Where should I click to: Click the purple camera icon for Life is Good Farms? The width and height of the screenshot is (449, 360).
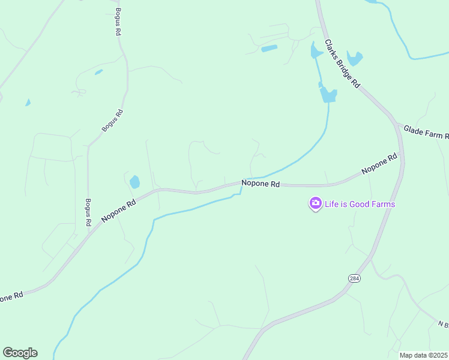coord(315,204)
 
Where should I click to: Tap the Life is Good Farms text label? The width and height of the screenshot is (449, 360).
coord(360,204)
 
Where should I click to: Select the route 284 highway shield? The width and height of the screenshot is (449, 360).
coord(354,278)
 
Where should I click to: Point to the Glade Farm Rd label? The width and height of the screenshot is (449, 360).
coord(425,132)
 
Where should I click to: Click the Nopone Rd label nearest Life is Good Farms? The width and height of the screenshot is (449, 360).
coord(261,184)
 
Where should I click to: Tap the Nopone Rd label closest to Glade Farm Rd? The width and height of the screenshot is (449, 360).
coord(379,164)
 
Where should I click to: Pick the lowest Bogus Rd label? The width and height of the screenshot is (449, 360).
coord(88,212)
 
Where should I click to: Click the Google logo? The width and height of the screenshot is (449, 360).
coord(20,353)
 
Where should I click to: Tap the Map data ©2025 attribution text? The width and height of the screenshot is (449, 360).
coord(424,355)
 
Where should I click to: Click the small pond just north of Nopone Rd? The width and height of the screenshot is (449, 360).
coord(134,181)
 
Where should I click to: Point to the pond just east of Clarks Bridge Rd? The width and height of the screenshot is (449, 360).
coord(355,59)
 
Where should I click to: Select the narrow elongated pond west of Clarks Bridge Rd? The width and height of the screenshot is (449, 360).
coord(269,48)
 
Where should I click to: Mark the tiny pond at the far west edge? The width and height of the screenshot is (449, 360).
coord(28,103)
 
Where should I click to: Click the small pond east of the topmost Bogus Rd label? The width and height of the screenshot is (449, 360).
coord(98,72)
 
